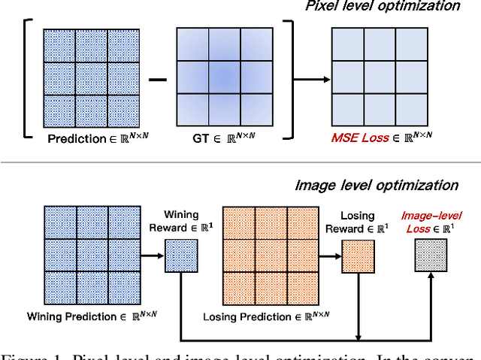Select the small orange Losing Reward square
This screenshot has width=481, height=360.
pos(357,256)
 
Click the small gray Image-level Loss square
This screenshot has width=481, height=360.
pos(431,256)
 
